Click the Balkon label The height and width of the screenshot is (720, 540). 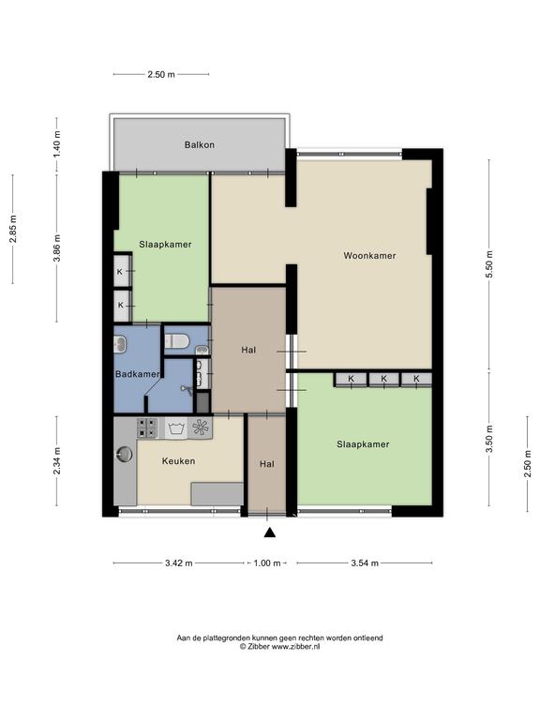tap(200, 145)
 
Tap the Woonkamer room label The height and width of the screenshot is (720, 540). tap(369, 256)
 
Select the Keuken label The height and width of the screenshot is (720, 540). tap(178, 461)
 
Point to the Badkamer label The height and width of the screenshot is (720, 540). tap(137, 374)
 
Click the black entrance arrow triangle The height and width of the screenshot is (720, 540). tap(270, 532)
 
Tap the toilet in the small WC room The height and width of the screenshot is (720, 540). tap(177, 341)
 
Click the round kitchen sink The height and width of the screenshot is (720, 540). tap(124, 454)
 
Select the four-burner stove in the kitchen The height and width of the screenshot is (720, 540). tap(147, 427)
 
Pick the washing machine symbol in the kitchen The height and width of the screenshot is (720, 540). tap(176, 428)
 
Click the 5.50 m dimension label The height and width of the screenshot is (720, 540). tap(489, 264)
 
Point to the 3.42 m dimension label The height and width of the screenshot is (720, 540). tap(179, 562)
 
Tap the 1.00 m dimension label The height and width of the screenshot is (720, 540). tap(267, 562)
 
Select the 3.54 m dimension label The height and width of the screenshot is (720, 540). tap(365, 562)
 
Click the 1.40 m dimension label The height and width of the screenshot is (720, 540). tap(57, 144)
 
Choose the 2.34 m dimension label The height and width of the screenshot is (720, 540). tap(57, 461)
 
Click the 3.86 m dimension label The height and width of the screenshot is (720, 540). tap(57, 247)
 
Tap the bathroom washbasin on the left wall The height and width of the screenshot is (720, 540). tap(120, 344)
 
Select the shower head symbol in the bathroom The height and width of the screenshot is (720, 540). tap(187, 389)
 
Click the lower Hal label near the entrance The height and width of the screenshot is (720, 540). tap(267, 464)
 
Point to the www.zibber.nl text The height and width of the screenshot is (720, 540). tap(295, 647)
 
